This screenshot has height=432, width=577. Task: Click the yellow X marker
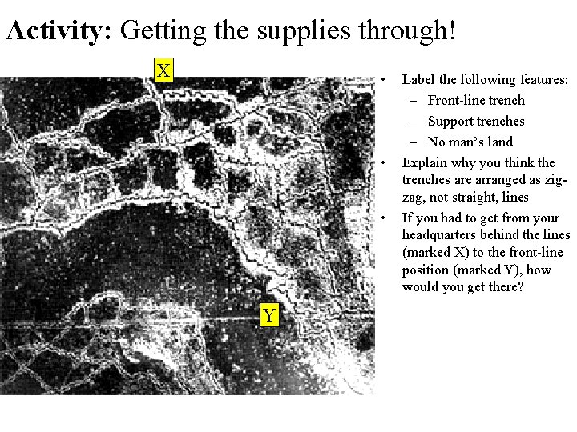pyautogui.click(x=163, y=70)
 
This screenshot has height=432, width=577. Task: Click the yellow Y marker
pyautogui.click(x=269, y=315)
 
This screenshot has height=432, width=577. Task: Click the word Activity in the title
pyautogui.click(x=59, y=30)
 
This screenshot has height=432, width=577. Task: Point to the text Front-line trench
pyautogui.click(x=476, y=100)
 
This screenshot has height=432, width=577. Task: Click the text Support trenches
pyautogui.click(x=476, y=122)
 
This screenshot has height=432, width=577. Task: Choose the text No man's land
pyautogui.click(x=470, y=142)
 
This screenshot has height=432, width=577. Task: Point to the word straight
pyautogui.click(x=474, y=198)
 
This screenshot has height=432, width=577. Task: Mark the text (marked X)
pyautogui.click(x=436, y=252)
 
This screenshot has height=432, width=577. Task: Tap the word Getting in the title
pyautogui.click(x=163, y=31)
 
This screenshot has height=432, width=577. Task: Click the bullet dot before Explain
pyautogui.click(x=383, y=162)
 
